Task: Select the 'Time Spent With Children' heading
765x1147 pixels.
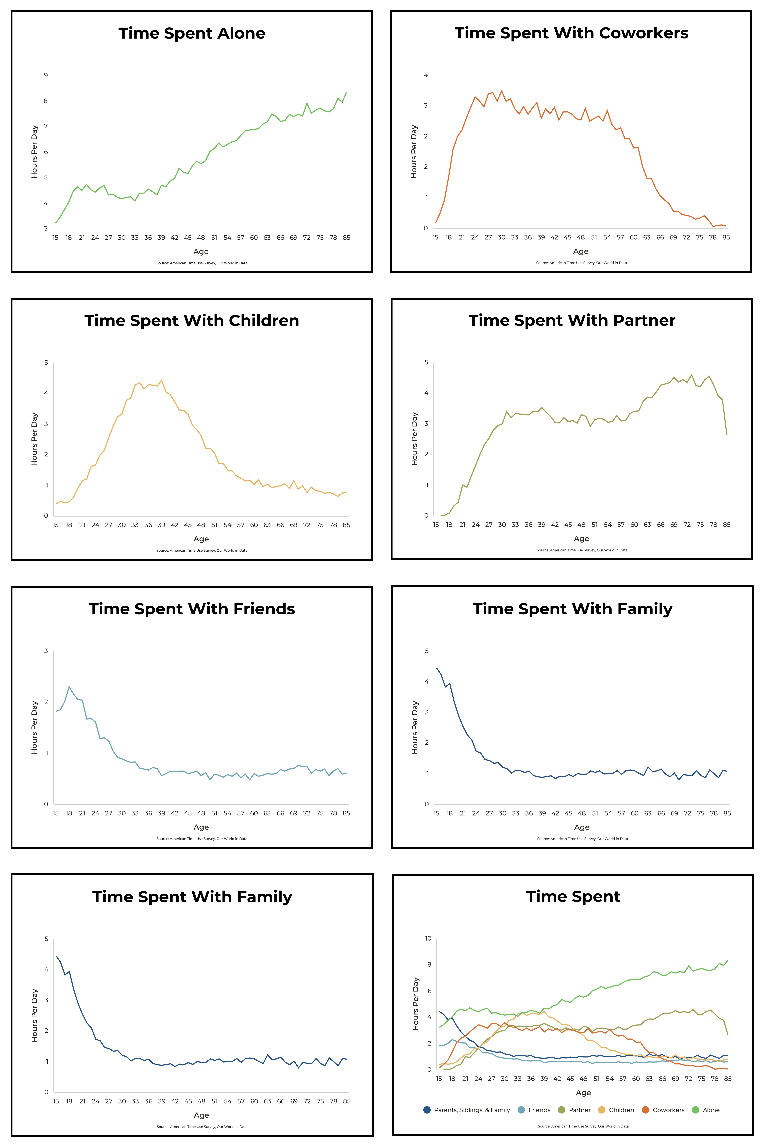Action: pyautogui.click(x=192, y=321)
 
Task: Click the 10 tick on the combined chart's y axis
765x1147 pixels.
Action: pyautogui.click(x=428, y=938)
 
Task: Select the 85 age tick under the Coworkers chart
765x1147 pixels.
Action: pyautogui.click(x=726, y=237)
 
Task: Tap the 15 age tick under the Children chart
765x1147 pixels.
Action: pyautogui.click(x=56, y=525)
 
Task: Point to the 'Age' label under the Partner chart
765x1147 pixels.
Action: pyautogui.click(x=581, y=539)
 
